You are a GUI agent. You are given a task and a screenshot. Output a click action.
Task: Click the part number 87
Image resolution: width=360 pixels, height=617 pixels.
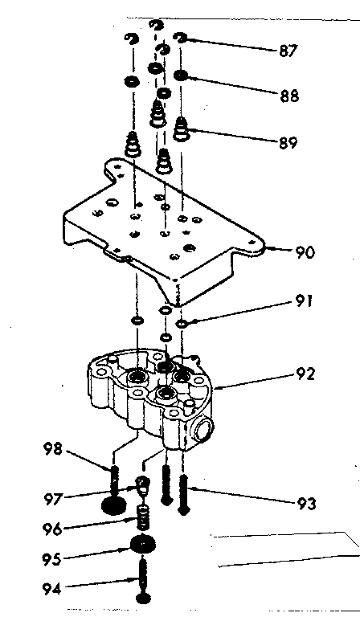coord(288,51)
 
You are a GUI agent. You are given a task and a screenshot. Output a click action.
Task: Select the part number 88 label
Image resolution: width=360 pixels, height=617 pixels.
coord(289,96)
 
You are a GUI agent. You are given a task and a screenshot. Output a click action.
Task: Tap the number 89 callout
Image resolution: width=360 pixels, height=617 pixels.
coord(288,144)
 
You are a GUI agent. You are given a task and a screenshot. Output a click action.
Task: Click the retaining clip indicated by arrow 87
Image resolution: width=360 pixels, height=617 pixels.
coord(182,36)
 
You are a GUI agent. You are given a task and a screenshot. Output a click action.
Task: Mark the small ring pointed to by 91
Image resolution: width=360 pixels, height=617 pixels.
coord(183,323)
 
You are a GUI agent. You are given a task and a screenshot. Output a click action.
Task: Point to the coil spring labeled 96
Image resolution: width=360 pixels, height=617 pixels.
coord(144,520)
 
